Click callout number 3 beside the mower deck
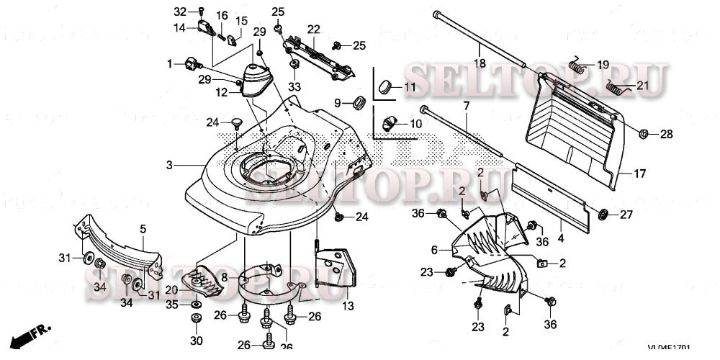tap(170, 165)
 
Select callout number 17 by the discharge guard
tap(639, 174)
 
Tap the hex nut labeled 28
tap(645, 133)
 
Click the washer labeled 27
tap(605, 214)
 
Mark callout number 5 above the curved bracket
tap(143, 229)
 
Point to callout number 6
tap(434, 249)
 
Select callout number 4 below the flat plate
tap(561, 237)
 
